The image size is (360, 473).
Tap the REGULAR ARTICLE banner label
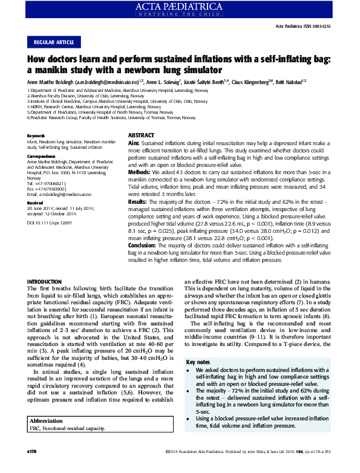coord(54,42)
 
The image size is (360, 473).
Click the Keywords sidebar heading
coord(37,135)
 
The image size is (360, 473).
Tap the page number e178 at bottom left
coord(33,468)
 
